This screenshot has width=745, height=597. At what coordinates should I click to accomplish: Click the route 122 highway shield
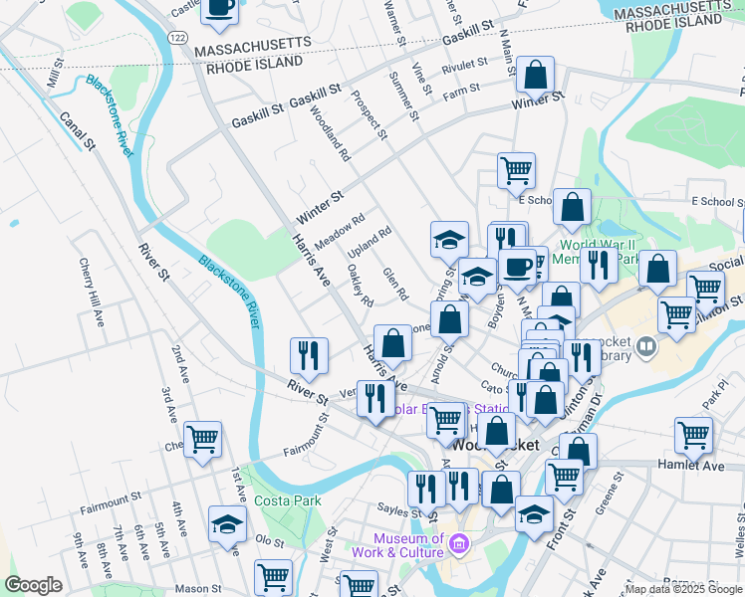tap(177, 37)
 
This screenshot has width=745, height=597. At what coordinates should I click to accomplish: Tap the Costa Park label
tap(287, 500)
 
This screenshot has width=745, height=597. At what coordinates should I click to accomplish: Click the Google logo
tap(33, 585)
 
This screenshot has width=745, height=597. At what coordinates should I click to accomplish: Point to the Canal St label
tap(76, 130)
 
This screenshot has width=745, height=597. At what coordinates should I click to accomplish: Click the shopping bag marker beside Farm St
tap(535, 75)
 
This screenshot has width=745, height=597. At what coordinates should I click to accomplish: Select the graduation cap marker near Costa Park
tap(227, 525)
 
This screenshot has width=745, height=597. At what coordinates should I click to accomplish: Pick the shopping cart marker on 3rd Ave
tap(202, 440)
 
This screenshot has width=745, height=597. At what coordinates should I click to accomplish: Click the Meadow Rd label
tap(340, 232)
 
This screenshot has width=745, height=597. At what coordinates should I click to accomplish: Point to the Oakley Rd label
tap(360, 286)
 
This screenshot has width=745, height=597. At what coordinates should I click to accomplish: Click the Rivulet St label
tap(465, 65)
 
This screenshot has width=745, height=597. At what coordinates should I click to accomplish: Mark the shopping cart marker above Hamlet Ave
tap(693, 436)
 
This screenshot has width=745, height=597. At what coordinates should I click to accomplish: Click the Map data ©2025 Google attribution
tap(682, 589)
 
